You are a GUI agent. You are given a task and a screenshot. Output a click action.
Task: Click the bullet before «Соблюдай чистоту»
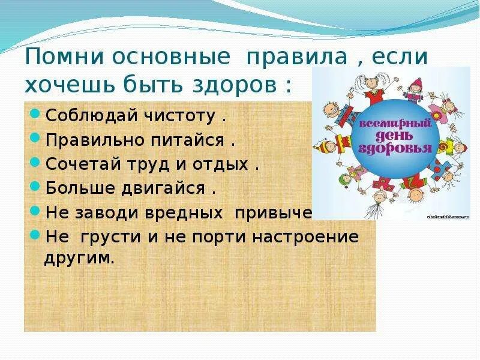pos(35,115)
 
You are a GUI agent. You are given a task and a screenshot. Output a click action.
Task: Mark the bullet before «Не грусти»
pos(35,235)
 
